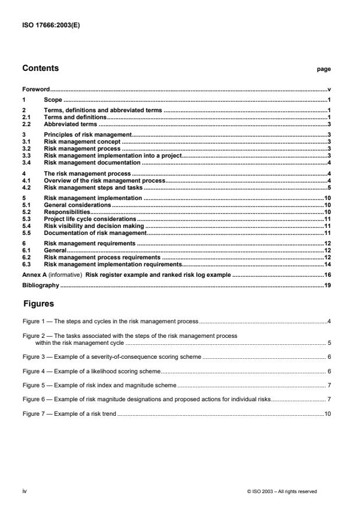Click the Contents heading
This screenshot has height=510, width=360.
40,69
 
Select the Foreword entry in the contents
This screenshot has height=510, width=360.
35,90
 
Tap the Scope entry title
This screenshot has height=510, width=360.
53,101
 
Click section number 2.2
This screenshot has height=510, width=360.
26,124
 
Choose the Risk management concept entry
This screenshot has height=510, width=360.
83,141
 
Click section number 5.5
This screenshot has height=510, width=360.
26,232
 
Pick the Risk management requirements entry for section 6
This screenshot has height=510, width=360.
90,242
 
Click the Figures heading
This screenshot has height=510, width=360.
39,304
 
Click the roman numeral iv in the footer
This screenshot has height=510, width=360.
24,491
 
